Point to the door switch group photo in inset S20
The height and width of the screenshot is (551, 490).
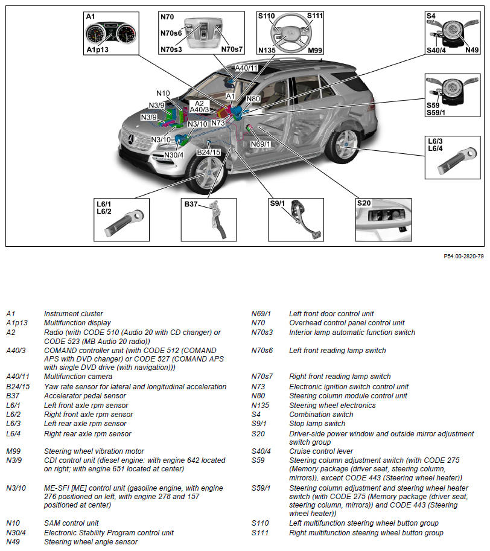[x=384, y=220]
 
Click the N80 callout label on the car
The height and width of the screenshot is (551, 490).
[x=253, y=98]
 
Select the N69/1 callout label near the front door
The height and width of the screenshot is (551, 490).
[x=260, y=144]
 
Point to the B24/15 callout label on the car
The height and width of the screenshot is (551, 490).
[x=209, y=152]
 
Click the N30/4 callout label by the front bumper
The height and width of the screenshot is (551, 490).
[x=174, y=154]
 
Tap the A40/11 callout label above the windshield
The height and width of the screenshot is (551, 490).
[x=246, y=68]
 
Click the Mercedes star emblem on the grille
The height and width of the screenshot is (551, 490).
[x=129, y=140]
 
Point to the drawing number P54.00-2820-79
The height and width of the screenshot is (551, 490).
[x=463, y=256]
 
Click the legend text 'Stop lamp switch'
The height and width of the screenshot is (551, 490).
[x=317, y=424]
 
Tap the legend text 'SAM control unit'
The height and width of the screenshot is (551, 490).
[x=71, y=523]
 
